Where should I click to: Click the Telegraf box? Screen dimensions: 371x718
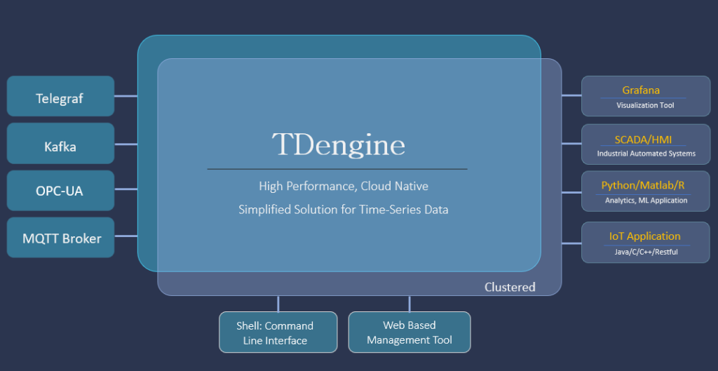[60, 97]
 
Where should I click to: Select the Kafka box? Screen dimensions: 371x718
[60, 146]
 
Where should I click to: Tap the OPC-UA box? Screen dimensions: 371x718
[60, 191]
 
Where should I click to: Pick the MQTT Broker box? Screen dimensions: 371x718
[60, 238]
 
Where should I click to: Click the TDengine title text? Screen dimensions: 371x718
[338, 145]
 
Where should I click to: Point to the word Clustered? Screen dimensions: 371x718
[510, 287]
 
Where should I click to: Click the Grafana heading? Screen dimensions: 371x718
[641, 90]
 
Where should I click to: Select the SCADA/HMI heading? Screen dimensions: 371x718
[643, 139]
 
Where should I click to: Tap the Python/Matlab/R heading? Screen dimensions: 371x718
[643, 186]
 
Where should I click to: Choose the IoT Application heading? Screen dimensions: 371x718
[644, 236]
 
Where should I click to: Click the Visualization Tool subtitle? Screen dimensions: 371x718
[645, 105]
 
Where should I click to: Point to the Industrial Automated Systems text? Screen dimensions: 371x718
[646, 154]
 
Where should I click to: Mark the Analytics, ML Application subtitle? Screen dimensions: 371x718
[646, 201]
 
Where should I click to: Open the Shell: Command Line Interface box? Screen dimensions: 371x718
[278, 332]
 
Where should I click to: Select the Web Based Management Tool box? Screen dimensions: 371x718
[409, 332]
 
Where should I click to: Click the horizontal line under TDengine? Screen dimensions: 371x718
[337, 169]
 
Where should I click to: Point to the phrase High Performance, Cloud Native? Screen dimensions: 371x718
[344, 187]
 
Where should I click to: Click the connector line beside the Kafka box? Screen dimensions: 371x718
[126, 144]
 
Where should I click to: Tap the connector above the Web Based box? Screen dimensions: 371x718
[409, 303]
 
